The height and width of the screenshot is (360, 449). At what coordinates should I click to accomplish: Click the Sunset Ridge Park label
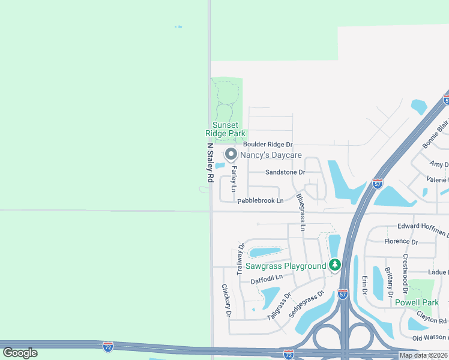[x=225, y=129]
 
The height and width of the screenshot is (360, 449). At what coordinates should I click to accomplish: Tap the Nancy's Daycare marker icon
[x=230, y=155]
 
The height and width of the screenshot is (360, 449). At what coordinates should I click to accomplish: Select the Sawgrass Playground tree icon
[x=335, y=265]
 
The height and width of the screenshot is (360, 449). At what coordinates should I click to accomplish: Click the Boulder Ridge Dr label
[x=268, y=145]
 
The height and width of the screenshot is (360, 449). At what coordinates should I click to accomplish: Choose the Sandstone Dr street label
[x=285, y=172]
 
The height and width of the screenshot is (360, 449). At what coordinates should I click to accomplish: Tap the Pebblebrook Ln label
[x=260, y=201]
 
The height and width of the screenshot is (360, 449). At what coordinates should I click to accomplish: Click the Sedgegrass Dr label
[x=306, y=304]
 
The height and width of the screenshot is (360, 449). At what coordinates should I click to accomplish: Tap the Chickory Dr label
[x=226, y=300]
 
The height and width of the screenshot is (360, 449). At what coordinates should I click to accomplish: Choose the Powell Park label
[x=417, y=302]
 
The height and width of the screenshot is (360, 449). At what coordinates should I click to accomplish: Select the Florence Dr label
[x=401, y=242]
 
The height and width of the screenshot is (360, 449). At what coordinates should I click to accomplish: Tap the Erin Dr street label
[x=364, y=285]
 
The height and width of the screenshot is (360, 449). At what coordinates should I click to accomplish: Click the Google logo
[x=20, y=353]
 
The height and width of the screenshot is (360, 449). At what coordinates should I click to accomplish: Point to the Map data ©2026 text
[x=423, y=355]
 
